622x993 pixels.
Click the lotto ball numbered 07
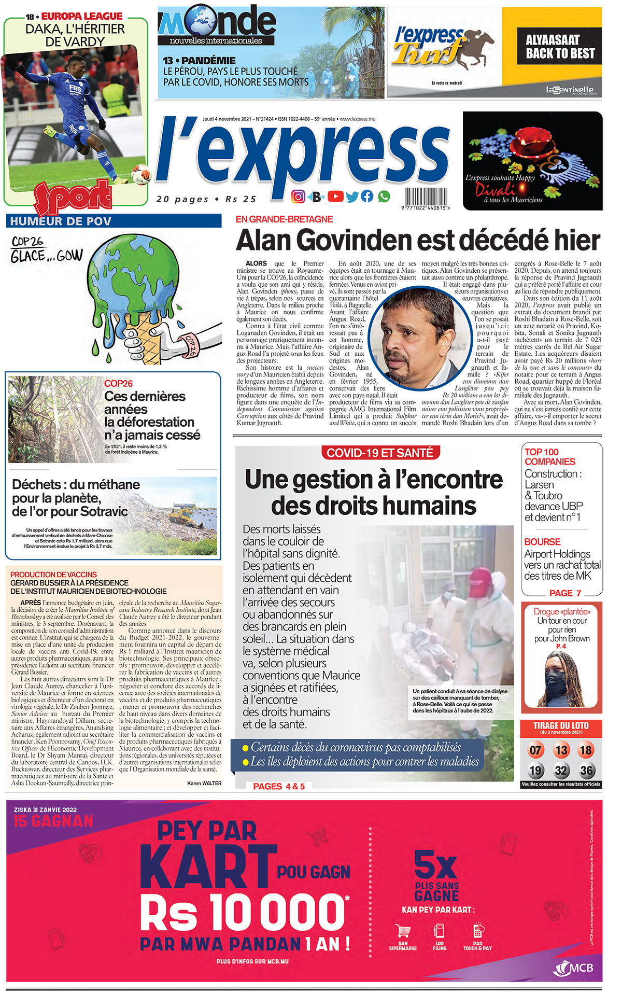point(535,750)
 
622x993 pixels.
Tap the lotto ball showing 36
point(586,771)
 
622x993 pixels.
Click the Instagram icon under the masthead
point(298,197)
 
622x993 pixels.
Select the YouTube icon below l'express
point(335,196)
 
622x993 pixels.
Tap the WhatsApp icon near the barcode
point(384,196)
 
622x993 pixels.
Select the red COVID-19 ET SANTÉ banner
point(380,453)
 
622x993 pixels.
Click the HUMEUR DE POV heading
point(61,221)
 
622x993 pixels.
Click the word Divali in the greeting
point(496,189)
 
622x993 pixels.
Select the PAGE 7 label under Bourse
point(565,593)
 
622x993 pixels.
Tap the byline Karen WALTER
point(204,783)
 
